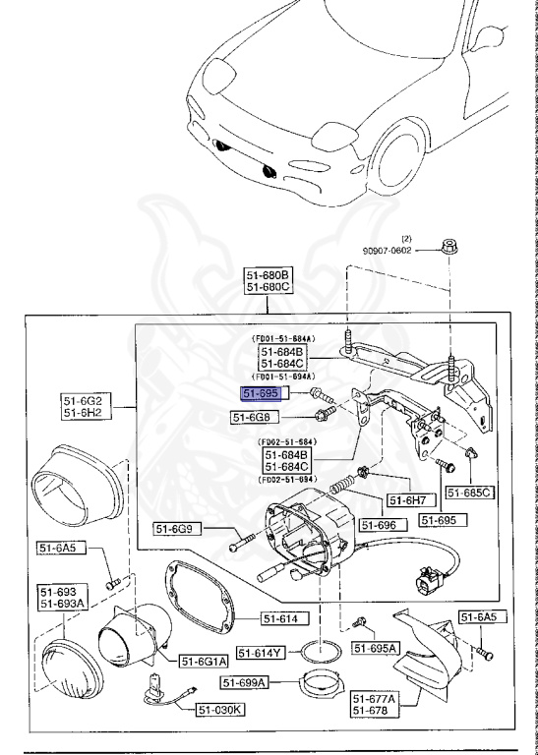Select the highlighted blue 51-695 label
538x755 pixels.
coord(262,393)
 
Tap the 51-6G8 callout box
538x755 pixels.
coord(251,417)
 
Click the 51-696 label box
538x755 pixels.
coord(378,525)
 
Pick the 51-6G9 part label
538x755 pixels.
coord(177,529)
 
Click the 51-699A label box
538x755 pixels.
coord(245,682)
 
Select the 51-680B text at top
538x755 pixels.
coord(268,274)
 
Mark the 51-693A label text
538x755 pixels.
coord(62,604)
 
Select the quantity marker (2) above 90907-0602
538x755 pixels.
coord(405,238)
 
